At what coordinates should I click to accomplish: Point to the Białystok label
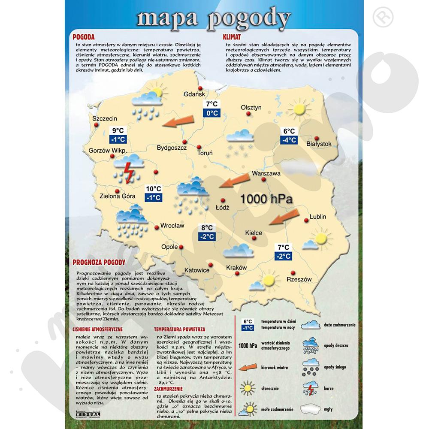tap(319, 144)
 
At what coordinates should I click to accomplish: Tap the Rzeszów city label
tap(299, 279)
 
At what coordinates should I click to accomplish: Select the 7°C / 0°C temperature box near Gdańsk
tap(212, 109)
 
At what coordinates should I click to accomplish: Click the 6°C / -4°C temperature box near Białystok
tap(289, 136)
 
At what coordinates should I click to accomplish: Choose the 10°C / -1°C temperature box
tap(153, 193)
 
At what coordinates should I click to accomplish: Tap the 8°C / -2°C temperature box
tap(207, 232)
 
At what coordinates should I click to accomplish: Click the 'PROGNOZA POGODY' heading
tap(99, 262)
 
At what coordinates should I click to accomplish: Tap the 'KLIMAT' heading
tap(232, 37)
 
